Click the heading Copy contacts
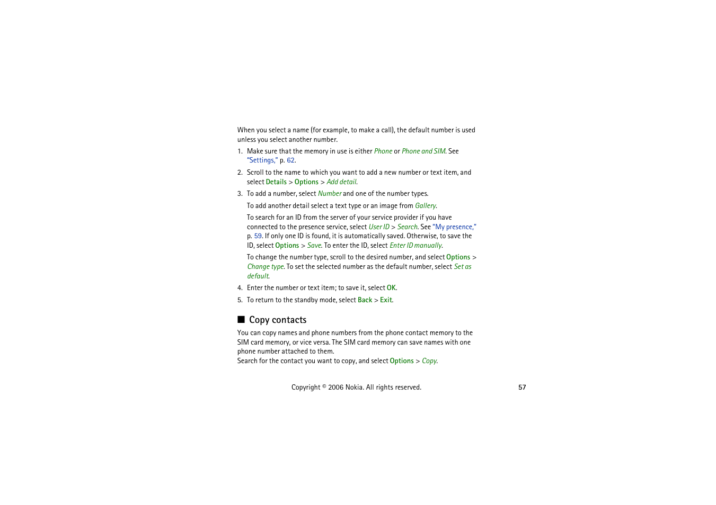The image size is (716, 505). (x=278, y=320)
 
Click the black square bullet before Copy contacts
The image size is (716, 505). (x=241, y=319)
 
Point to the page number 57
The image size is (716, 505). (x=522, y=387)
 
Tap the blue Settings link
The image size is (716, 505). (x=262, y=160)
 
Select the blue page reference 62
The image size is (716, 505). (x=290, y=160)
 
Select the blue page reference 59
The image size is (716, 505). (x=258, y=236)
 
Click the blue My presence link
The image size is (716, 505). (x=454, y=227)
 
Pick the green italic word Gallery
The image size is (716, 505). (x=425, y=206)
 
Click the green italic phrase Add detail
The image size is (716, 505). (x=341, y=182)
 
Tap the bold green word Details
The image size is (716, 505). (x=276, y=182)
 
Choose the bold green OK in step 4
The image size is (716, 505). (x=391, y=288)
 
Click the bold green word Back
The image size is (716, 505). (x=365, y=300)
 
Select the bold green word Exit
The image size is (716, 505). (x=386, y=300)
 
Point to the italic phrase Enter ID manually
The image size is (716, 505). (x=416, y=246)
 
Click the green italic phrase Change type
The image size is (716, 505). (x=265, y=267)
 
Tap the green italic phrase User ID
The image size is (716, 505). (x=379, y=227)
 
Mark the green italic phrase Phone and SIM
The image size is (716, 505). (x=423, y=151)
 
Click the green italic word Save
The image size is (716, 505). (x=314, y=246)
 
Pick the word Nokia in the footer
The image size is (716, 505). (x=353, y=387)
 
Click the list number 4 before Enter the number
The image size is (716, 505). (x=240, y=288)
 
